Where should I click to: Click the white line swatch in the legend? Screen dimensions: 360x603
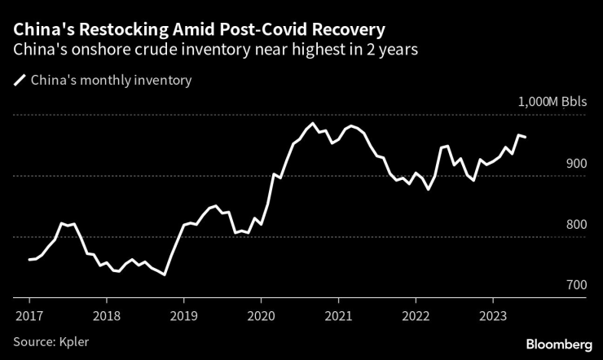(19, 81)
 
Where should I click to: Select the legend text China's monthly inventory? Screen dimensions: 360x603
(111, 81)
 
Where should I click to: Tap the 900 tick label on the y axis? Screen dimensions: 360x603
(575, 164)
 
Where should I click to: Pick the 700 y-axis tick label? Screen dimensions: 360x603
(575, 286)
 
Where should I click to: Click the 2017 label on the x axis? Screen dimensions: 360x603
(29, 314)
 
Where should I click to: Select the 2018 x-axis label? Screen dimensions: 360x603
(107, 314)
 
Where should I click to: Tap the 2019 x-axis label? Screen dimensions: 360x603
(184, 314)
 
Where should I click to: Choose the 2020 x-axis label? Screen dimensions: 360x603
(261, 314)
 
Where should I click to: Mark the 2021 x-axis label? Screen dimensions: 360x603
(338, 314)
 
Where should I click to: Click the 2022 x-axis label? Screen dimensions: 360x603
(416, 314)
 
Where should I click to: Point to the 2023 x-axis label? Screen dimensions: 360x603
(493, 314)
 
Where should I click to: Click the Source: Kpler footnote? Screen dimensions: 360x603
(51, 341)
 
